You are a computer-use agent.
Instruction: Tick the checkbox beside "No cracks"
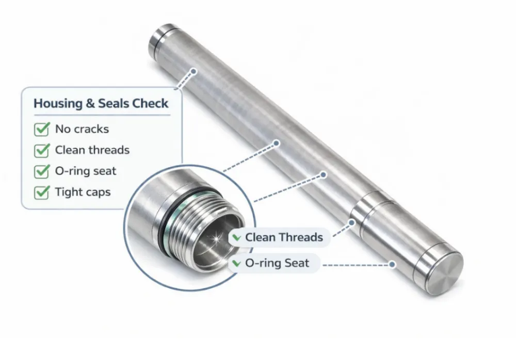click(x=41, y=129)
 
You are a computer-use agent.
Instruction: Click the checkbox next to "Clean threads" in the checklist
click(x=41, y=150)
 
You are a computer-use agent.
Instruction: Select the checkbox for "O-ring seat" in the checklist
click(x=41, y=171)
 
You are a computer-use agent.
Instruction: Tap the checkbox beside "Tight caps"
click(x=41, y=192)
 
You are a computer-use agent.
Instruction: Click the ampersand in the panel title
click(x=90, y=104)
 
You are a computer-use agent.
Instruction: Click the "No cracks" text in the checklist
click(x=82, y=129)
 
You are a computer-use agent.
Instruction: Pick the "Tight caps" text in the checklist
click(x=83, y=192)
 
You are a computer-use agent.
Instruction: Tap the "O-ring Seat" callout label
click(x=277, y=263)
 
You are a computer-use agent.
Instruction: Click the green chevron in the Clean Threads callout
click(x=237, y=238)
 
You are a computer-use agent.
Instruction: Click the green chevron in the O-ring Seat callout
click(x=237, y=264)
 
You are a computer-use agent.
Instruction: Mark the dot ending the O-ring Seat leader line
click(x=392, y=264)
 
